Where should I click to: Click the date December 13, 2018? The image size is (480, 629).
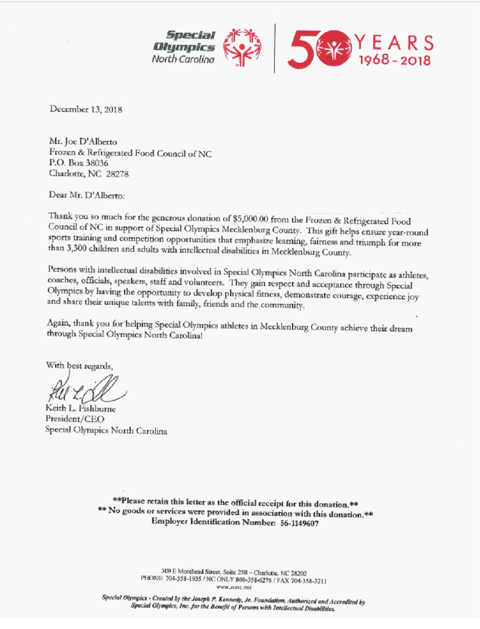[86, 109]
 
